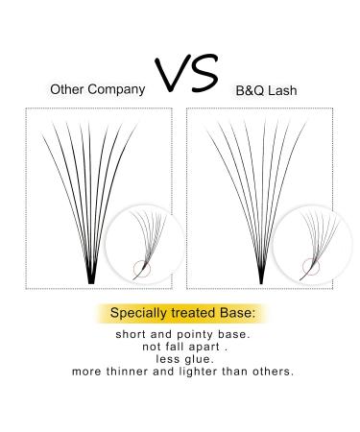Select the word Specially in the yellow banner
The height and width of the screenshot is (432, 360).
point(139,313)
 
